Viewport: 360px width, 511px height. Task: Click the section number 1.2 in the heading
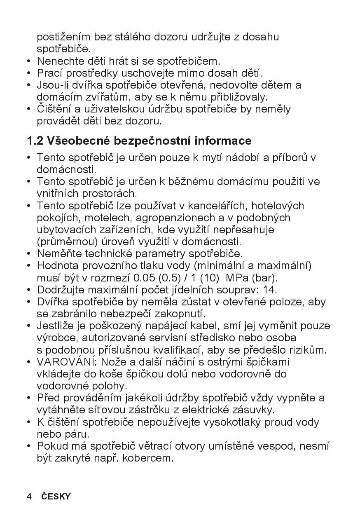pyautogui.click(x=35, y=141)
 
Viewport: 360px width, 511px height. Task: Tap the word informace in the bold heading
pyautogui.click(x=223, y=141)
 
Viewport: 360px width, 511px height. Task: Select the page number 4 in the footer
pyautogui.click(x=29, y=497)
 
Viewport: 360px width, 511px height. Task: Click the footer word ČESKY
pyautogui.click(x=56, y=497)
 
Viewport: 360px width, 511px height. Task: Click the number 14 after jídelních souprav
pyautogui.click(x=271, y=290)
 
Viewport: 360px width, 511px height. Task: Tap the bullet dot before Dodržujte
pyautogui.click(x=29, y=290)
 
